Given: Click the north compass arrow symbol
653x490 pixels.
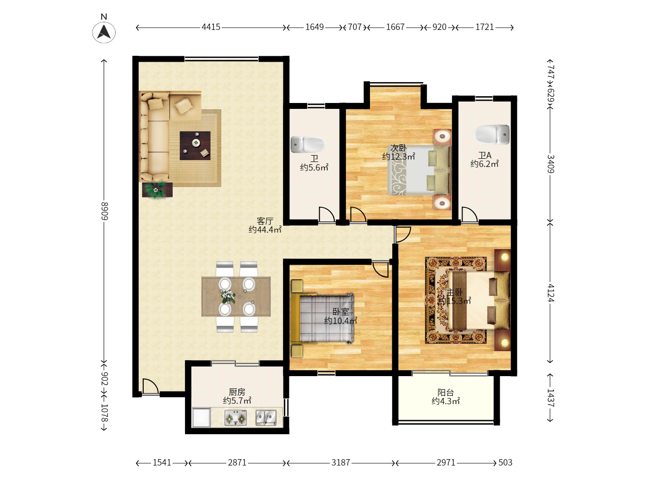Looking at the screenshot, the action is tap(104, 32).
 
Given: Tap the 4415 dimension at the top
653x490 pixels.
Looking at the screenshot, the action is tap(211, 27).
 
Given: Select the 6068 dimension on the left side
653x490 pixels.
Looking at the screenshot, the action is tap(104, 211).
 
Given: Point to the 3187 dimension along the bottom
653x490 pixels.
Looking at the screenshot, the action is tap(341, 463).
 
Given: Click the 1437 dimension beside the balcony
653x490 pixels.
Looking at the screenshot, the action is tap(551, 397).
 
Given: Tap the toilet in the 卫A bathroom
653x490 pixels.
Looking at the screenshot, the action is tap(492, 135).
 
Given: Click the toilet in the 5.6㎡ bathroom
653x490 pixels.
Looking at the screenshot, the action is tap(307, 144).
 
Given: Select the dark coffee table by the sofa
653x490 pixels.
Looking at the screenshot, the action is tap(195, 146).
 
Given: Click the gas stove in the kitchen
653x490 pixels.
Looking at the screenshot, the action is tap(236, 418).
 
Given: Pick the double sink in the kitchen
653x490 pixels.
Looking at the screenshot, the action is tap(266, 418).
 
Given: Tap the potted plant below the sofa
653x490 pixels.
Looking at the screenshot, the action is tap(157, 190).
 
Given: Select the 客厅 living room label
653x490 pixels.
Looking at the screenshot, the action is tap(265, 221).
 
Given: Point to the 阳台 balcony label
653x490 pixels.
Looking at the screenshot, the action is tap(446, 392).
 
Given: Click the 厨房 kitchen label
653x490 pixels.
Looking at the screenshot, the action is tap(237, 392).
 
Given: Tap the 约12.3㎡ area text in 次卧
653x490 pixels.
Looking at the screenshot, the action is tap(399, 157).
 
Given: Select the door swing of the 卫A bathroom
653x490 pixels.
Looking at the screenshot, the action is tap(470, 214).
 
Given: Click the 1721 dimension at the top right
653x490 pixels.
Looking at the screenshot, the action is tap(485, 27).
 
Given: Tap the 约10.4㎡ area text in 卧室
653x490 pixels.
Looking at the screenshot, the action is tap(341, 321).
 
